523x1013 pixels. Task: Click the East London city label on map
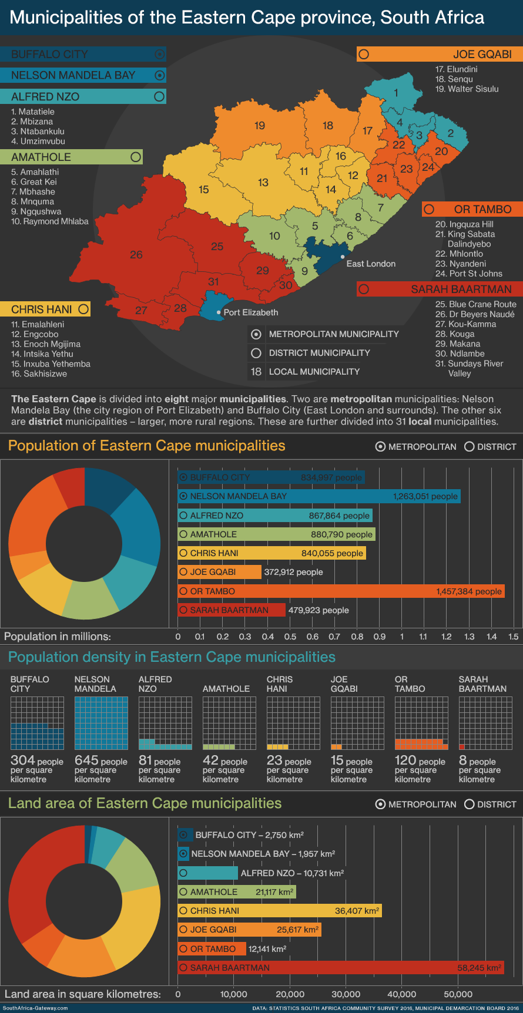(371, 264)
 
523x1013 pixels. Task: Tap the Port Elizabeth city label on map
(251, 312)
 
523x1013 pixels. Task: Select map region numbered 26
(136, 255)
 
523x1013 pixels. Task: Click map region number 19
(260, 126)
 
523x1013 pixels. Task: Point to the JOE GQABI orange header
(439, 54)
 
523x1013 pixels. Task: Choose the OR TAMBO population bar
(341, 591)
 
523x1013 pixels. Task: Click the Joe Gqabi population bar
(219, 572)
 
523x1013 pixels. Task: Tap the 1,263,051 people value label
(425, 496)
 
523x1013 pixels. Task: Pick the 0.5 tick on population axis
(290, 637)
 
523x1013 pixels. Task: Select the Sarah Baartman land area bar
(341, 967)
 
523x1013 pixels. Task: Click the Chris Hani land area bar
(280, 911)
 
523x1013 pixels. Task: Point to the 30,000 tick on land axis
(346, 994)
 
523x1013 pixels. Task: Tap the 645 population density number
(87, 760)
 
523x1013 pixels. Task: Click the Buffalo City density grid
(37, 723)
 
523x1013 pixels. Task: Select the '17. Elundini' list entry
(456, 69)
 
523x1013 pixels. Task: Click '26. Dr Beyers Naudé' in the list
(475, 314)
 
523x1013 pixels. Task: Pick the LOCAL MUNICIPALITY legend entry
(314, 372)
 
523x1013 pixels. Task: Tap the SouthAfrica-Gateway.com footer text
(35, 1008)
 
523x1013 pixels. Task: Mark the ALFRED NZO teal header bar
(83, 96)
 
